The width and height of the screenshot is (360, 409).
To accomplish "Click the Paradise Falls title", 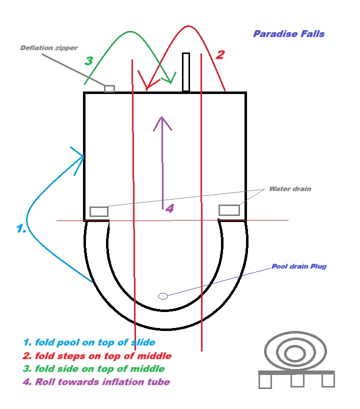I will (x=288, y=34).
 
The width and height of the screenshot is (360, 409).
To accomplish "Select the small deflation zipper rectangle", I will (x=109, y=88).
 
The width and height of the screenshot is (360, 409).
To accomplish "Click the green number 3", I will (x=88, y=61).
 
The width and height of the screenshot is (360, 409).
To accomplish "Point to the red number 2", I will (x=219, y=54).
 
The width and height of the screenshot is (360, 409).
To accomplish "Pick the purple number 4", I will (x=169, y=208).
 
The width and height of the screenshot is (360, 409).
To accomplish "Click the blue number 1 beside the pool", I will (x=20, y=228).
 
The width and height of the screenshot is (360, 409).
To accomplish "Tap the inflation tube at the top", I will (x=186, y=72).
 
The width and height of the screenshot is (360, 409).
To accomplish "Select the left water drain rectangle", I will (x=99, y=211).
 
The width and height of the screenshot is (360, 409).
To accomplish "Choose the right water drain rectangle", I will (x=229, y=210).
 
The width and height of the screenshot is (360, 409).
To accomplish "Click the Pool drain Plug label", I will (x=298, y=266).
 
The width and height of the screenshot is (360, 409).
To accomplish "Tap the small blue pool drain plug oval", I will (x=163, y=296).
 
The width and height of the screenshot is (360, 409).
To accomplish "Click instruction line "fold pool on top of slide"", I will (x=89, y=342).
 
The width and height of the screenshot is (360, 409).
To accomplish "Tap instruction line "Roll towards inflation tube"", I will (x=96, y=382).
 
